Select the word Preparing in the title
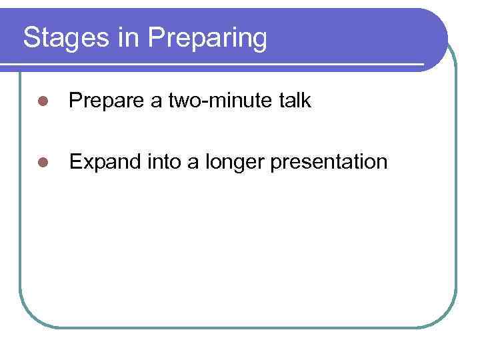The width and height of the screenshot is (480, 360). click(x=208, y=38)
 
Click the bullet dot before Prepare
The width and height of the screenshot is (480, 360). click(x=43, y=101)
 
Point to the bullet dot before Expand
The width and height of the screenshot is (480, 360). click(x=43, y=162)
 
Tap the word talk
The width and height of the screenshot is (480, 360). click(x=295, y=101)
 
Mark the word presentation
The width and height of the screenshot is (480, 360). click(x=330, y=161)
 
